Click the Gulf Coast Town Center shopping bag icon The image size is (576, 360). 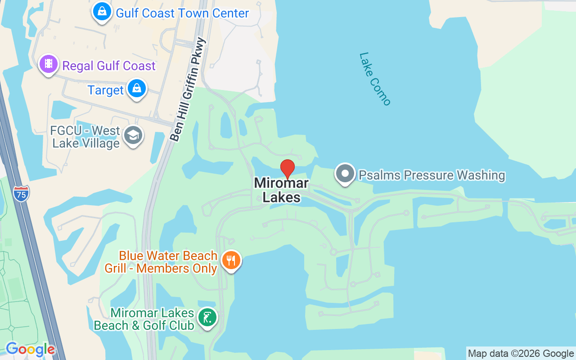[103, 12]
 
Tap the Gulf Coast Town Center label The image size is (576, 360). [182, 13]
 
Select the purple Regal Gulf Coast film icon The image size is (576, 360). [49, 64]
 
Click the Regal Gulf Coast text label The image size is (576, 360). [109, 66]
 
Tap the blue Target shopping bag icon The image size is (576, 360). [137, 88]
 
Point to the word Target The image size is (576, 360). [105, 90]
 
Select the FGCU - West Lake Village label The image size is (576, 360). [85, 137]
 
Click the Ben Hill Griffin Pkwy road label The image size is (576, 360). [189, 90]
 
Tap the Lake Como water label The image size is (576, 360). [375, 79]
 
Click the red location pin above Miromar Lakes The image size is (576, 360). [288, 169]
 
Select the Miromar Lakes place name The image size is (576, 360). [281, 190]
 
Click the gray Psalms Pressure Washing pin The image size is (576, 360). [345, 174]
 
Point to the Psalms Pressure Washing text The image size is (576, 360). [432, 175]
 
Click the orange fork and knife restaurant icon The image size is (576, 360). [231, 260]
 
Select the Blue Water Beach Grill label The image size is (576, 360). [161, 262]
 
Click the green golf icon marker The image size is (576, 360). [207, 318]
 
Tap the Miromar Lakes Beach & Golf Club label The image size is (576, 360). [144, 319]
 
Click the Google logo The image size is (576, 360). [30, 349]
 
